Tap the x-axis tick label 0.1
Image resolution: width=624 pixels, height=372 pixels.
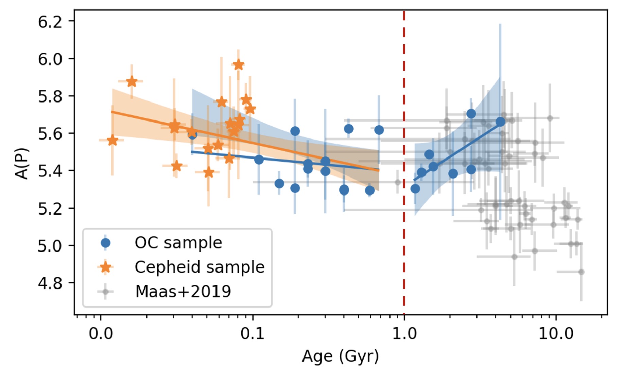click(x=252, y=334)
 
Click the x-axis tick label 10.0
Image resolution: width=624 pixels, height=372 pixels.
click(x=556, y=334)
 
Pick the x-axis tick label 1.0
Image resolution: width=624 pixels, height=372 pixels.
click(x=404, y=334)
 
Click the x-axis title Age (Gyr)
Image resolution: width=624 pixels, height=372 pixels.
click(x=340, y=356)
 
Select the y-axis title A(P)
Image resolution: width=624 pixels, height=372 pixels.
click(x=22, y=163)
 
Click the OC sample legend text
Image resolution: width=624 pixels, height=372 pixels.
click(x=178, y=243)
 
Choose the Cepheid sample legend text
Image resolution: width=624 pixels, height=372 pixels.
click(x=199, y=267)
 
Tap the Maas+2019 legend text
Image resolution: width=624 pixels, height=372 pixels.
click(x=183, y=291)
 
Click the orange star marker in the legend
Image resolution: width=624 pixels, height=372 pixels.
click(x=106, y=267)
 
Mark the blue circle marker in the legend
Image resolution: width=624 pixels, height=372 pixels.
click(x=106, y=243)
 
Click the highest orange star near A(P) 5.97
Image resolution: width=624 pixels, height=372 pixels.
click(x=238, y=65)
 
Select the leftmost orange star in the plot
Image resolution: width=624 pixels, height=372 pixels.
click(x=112, y=140)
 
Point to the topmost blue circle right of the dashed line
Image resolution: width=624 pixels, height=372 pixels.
click(x=471, y=114)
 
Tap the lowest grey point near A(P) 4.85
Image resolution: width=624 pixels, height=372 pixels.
click(x=581, y=272)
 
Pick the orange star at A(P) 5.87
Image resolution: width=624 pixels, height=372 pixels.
click(x=132, y=82)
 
